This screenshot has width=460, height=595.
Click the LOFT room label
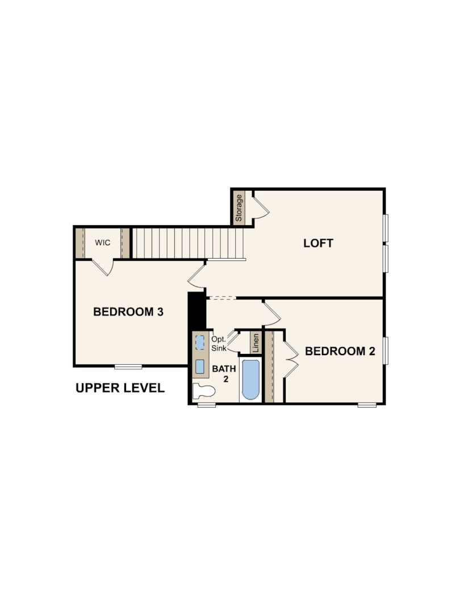tap(319, 243)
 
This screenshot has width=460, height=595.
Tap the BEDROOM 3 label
tap(128, 312)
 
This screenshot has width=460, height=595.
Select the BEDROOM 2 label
tap(340, 351)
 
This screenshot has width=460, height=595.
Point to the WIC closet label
tap(103, 242)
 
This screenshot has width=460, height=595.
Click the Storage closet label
tap(239, 208)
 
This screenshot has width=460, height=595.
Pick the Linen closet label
tap(256, 343)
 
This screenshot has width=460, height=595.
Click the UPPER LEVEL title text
tap(120, 388)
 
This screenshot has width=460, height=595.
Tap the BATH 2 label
tap(224, 374)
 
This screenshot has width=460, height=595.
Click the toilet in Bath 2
tap(204, 391)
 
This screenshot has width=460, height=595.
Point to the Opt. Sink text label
tap(219, 343)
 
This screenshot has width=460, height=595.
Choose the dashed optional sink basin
tap(200, 343)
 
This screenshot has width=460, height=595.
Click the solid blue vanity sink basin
tap(200, 366)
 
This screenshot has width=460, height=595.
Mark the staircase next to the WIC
tap(187, 243)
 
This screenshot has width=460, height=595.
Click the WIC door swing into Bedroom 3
tap(103, 268)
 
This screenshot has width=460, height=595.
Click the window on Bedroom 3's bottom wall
tap(128, 366)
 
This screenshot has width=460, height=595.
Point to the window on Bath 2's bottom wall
tap(207, 405)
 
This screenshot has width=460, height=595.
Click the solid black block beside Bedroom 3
tap(196, 310)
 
